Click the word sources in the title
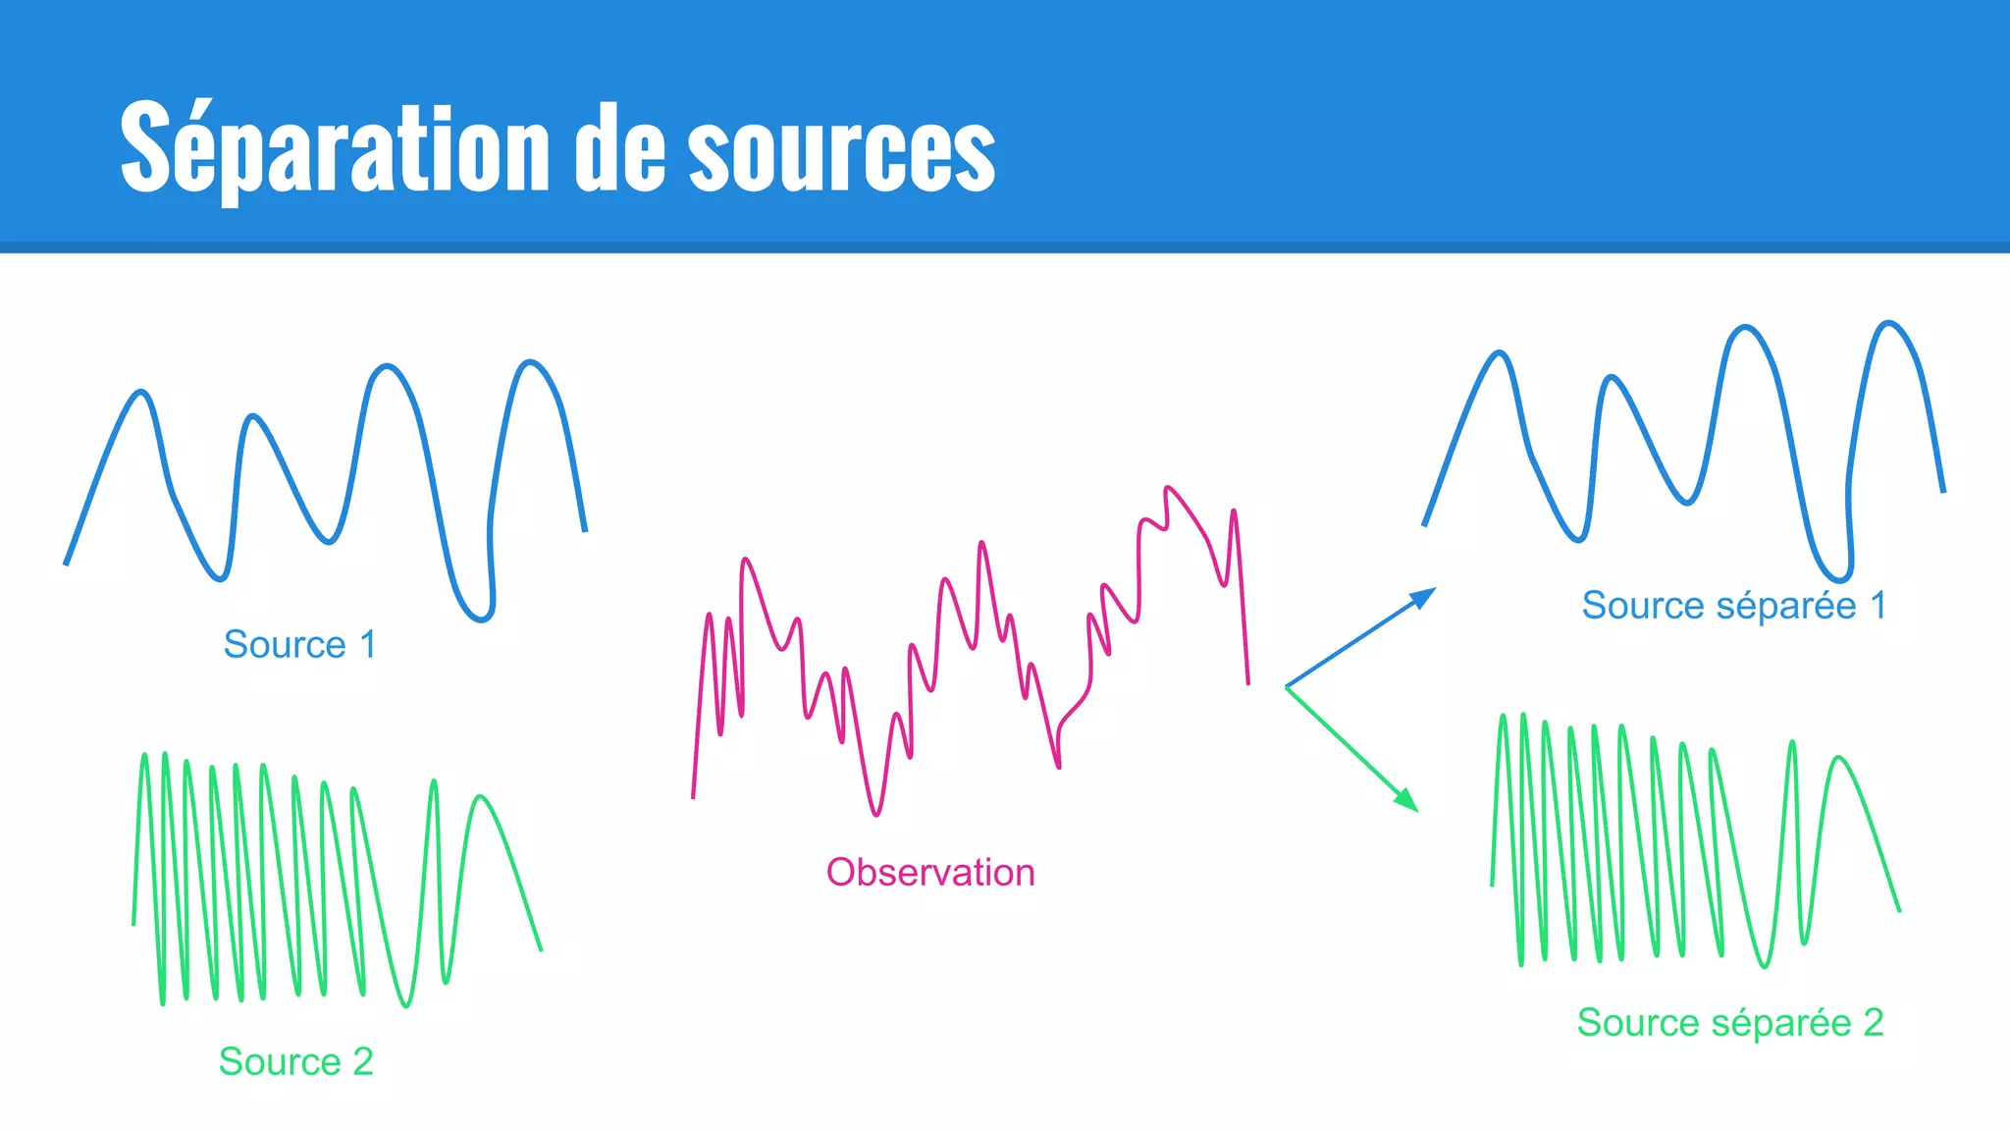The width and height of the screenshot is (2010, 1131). (x=841, y=152)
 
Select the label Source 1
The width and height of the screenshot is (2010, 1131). (x=299, y=645)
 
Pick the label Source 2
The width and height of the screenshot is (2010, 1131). (x=295, y=1061)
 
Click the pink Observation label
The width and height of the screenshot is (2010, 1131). (x=929, y=872)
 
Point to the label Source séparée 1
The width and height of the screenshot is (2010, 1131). (x=1733, y=605)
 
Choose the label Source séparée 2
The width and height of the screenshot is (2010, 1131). (x=1729, y=1022)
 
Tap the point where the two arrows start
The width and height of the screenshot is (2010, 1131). (x=1286, y=687)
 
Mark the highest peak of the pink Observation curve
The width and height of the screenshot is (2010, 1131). (x=1168, y=487)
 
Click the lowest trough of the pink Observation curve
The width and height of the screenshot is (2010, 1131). (x=876, y=814)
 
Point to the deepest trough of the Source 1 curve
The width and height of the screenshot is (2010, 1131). (x=481, y=619)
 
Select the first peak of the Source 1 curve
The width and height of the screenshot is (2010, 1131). (x=142, y=392)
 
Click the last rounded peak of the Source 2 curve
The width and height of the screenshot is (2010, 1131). (x=480, y=796)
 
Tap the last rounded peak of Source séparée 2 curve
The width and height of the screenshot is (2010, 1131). (x=1838, y=757)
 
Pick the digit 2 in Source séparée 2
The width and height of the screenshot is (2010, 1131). (x=1873, y=1022)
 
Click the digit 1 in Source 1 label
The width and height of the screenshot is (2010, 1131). (x=368, y=645)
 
